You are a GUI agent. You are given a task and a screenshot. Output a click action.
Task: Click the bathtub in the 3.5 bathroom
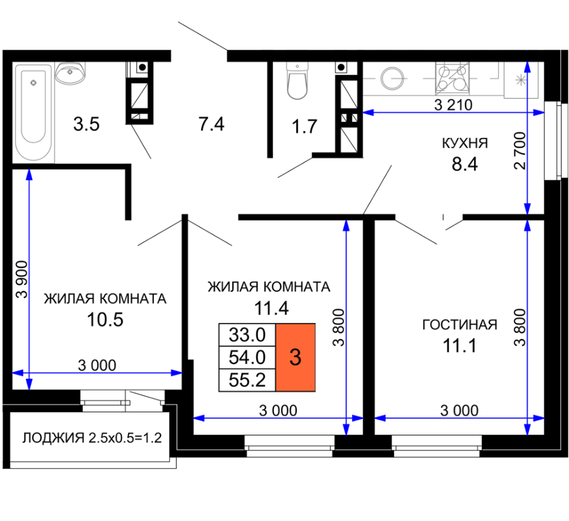[x=33, y=112]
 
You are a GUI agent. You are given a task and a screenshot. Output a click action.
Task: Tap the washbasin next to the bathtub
[x=70, y=73]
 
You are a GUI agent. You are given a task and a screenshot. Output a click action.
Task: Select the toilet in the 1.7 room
[x=297, y=80]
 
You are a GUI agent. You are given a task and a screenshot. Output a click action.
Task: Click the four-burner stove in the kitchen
[x=452, y=78]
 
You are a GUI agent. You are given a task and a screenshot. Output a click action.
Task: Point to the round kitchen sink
[x=392, y=78]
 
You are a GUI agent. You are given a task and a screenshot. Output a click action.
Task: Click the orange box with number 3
[x=296, y=357]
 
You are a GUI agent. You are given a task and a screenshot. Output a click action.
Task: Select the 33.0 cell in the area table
[x=247, y=335]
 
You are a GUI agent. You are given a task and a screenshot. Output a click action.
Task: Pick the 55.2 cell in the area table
[x=247, y=380]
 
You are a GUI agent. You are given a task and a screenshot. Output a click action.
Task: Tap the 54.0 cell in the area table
[x=247, y=357]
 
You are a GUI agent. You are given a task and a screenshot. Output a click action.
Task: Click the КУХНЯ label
[x=465, y=143]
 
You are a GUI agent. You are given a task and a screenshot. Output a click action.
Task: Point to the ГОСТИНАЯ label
[x=459, y=325]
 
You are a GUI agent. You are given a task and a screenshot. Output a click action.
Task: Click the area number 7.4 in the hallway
[x=212, y=124]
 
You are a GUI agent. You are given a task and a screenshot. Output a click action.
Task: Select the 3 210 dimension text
[x=453, y=105]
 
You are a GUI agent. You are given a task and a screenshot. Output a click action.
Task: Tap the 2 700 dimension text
[x=520, y=151]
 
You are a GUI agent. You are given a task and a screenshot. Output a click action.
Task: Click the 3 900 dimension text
[x=22, y=280]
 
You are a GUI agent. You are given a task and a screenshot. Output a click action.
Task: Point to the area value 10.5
[x=105, y=319]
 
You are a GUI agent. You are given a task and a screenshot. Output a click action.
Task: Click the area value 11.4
[x=272, y=308]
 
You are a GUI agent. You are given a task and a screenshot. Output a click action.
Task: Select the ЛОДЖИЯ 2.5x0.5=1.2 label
[x=92, y=438]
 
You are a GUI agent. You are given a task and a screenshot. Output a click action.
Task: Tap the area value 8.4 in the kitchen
[x=465, y=164]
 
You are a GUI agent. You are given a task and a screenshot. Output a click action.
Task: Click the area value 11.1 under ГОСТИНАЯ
[x=459, y=346]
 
